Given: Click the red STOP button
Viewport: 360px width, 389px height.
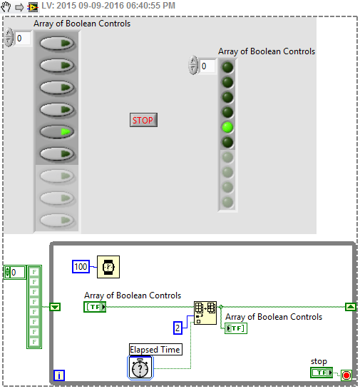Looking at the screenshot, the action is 143,120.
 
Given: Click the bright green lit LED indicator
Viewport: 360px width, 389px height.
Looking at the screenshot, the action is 227,127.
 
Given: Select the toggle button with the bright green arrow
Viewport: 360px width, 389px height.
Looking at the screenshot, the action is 57,131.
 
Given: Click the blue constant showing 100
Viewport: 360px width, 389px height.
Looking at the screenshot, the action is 81,267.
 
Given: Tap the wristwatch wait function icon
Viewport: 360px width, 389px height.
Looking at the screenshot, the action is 108,267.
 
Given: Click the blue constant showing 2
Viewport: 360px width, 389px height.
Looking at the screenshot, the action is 178,328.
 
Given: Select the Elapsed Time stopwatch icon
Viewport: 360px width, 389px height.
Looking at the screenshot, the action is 140,368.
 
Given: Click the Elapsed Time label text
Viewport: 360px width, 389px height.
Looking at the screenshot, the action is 155,350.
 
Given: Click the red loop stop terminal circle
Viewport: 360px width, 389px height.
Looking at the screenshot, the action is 346,375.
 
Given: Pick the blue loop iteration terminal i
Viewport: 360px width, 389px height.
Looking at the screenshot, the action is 59,375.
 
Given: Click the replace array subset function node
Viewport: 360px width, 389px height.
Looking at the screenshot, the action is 205,313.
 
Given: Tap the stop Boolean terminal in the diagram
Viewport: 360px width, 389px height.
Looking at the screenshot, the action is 322,373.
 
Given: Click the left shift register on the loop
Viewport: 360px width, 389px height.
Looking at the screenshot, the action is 55,307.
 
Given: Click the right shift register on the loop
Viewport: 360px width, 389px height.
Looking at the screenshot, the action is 350,307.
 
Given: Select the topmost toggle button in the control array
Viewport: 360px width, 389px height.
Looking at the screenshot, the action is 57,44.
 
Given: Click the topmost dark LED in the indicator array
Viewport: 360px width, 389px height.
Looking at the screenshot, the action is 227,67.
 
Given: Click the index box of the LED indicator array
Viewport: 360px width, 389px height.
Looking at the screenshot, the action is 207,66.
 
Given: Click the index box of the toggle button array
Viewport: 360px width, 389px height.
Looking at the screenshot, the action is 23,39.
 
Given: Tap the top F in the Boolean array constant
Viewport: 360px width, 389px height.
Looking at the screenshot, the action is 34,272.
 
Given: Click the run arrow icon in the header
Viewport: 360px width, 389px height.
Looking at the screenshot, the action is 19,7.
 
